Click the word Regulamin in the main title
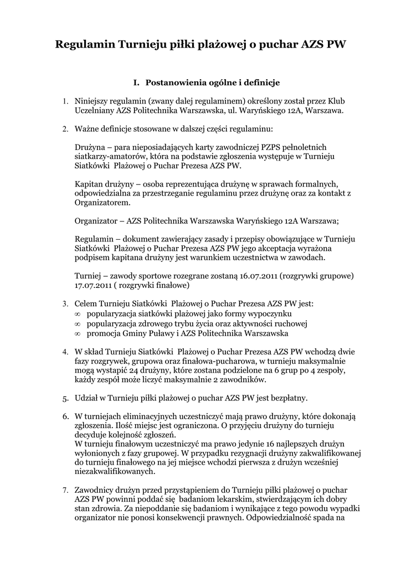85,45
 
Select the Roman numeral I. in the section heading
136,83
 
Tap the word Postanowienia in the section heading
173,83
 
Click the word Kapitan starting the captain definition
89,183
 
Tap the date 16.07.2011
260,276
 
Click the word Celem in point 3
86,303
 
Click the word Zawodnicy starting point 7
95,489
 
